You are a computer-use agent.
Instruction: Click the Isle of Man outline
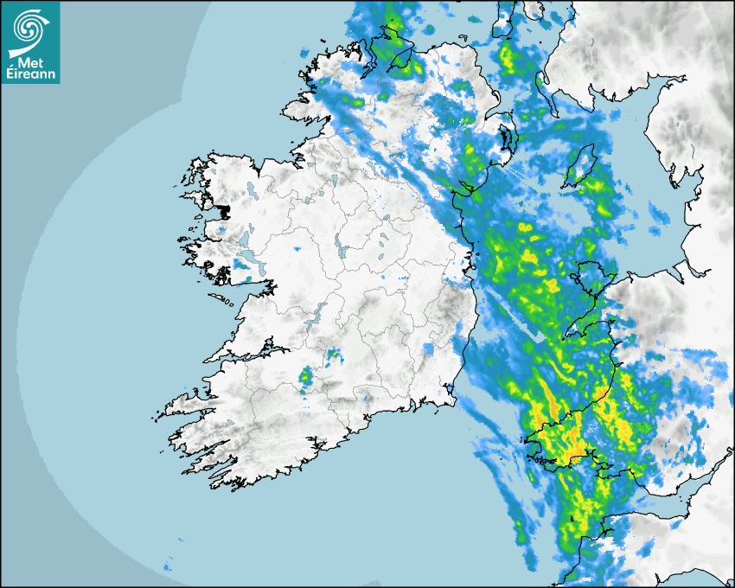point(578,166)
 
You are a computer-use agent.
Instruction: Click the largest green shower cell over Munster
point(305,376)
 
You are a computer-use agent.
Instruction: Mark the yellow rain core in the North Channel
point(509,61)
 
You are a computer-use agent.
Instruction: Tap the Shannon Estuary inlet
point(242,355)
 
